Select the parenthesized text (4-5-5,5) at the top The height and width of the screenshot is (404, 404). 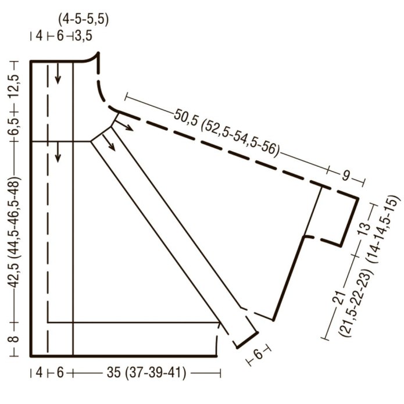coord(83,20)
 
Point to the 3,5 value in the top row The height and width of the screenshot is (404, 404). coord(84,35)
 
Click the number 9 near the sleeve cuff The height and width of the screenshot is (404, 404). coord(346,176)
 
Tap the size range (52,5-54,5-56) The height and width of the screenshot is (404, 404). coord(240,139)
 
